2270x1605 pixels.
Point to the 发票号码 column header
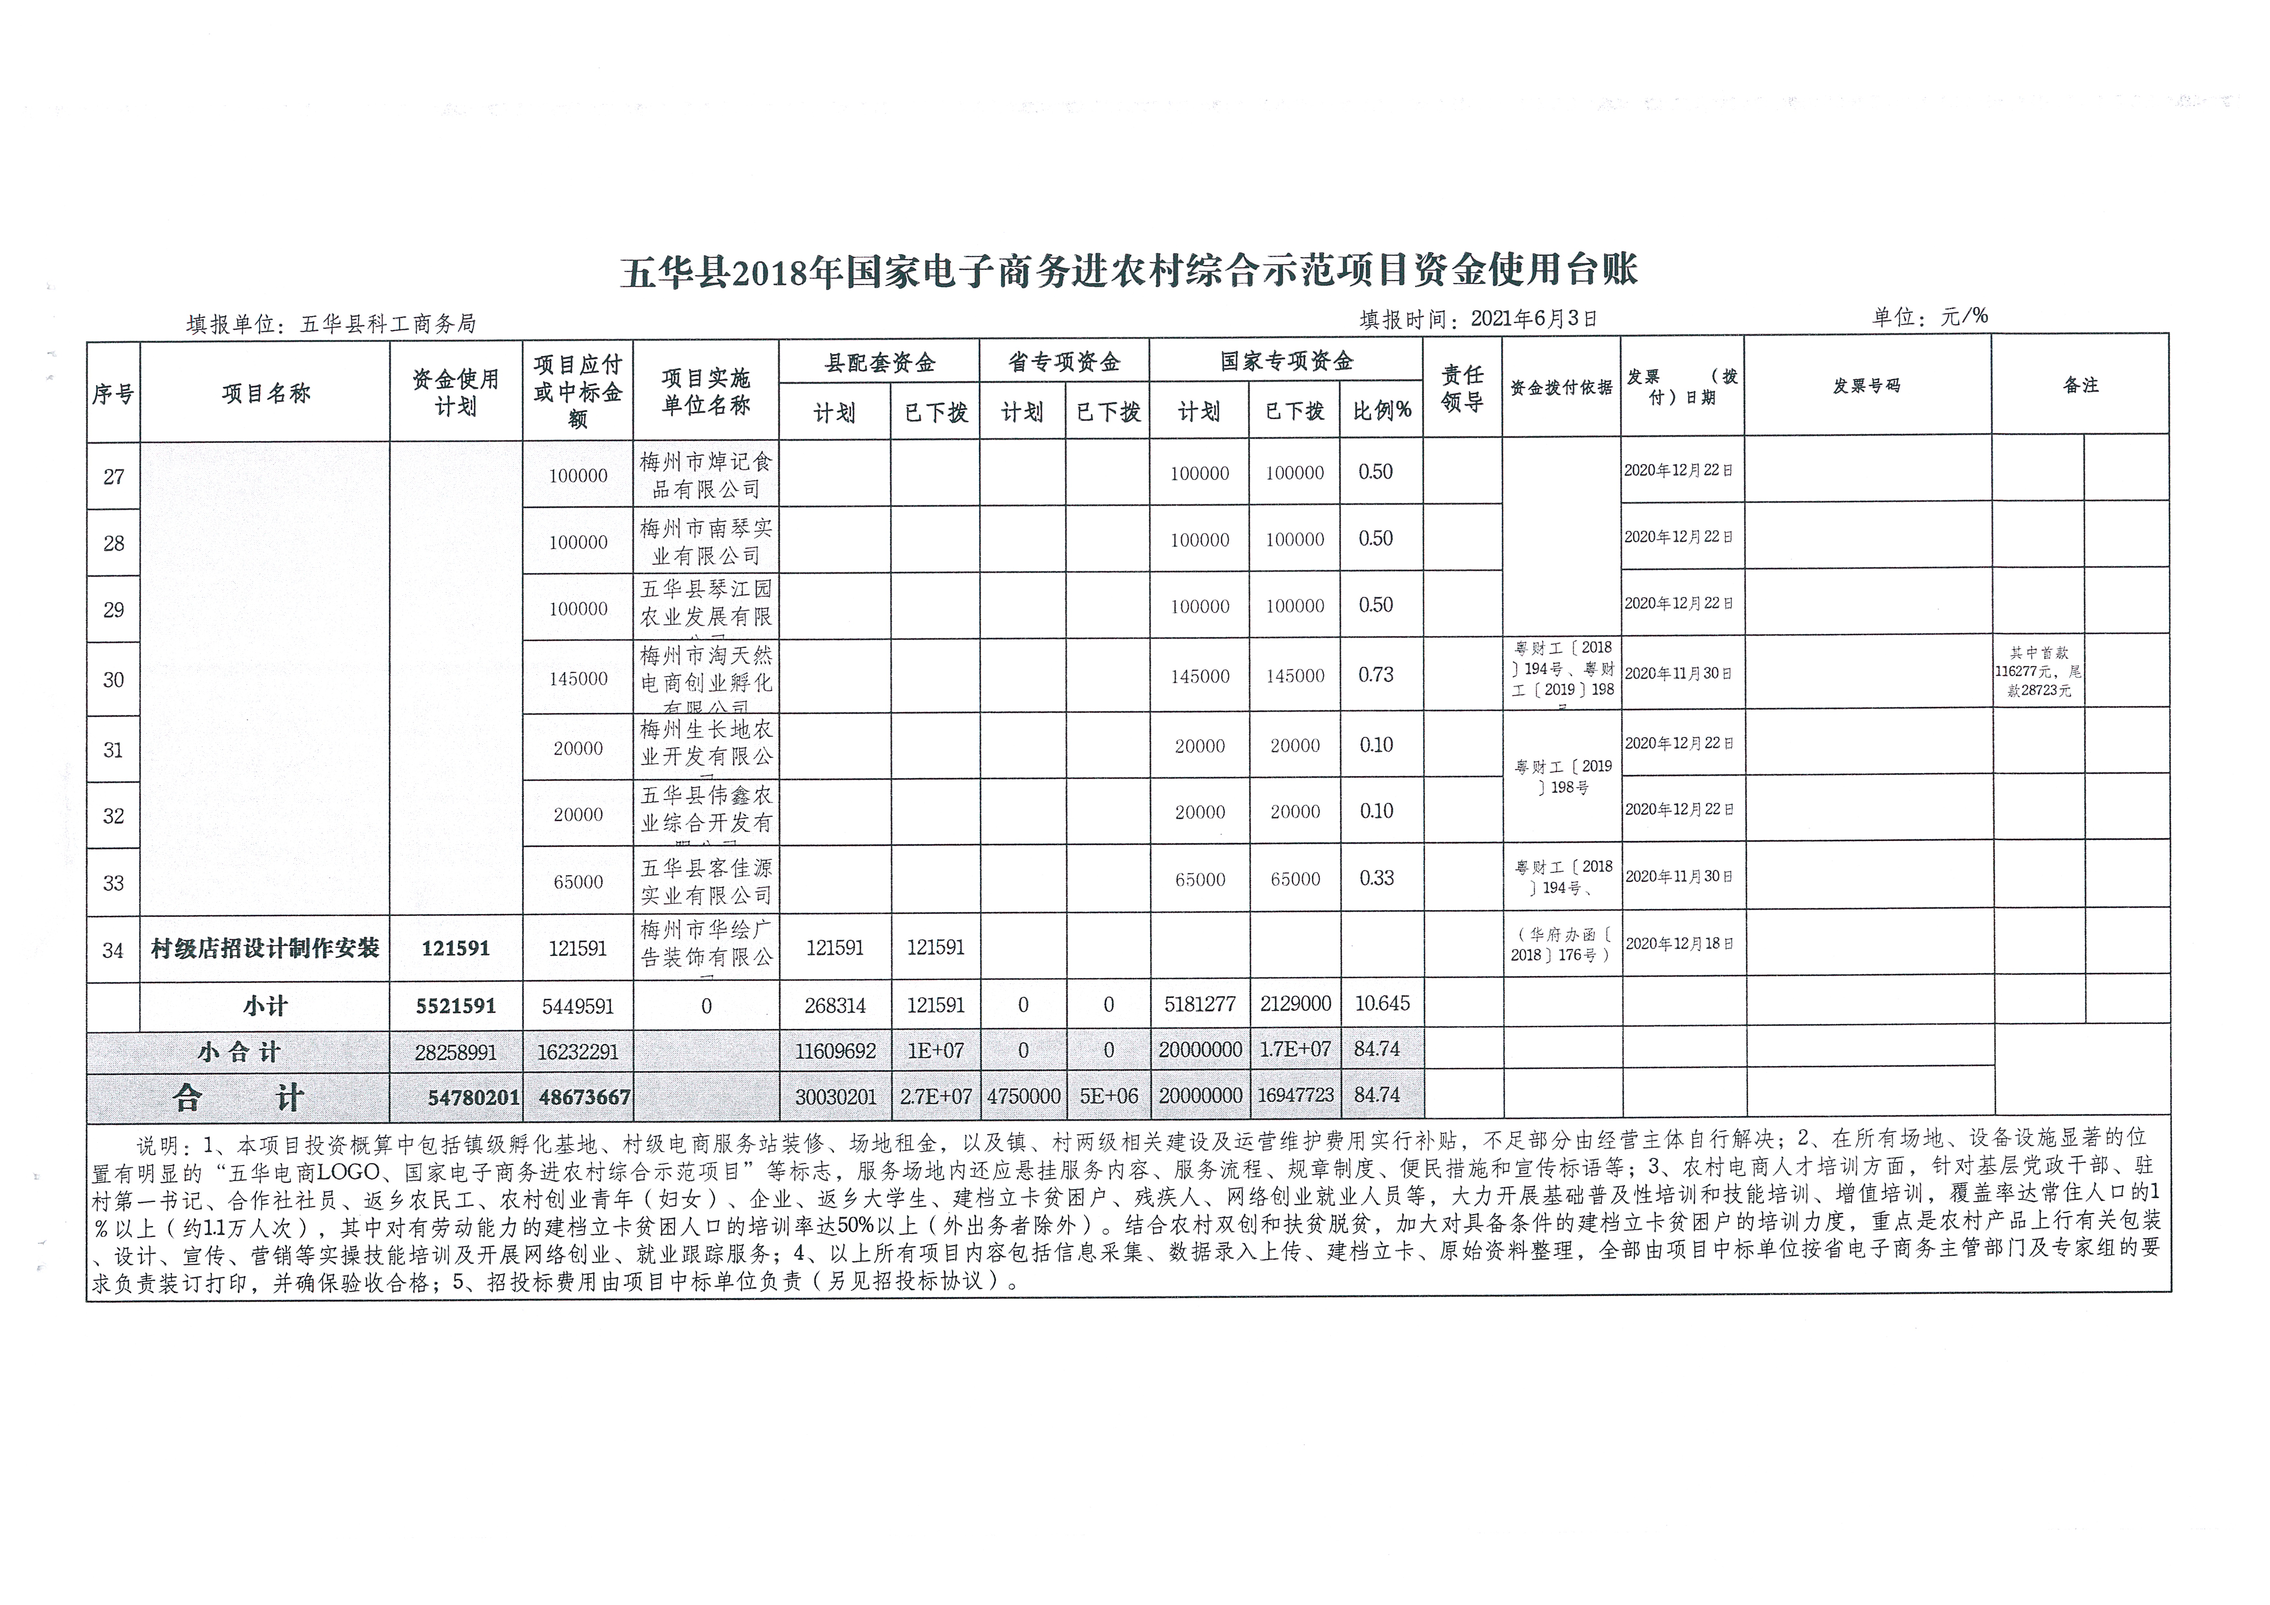pos(1867,385)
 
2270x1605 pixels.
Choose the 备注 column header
pos(2080,385)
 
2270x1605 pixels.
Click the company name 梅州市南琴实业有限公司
pos(706,542)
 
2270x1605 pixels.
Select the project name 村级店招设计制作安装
pos(265,949)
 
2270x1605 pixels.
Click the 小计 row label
pos(265,1006)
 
